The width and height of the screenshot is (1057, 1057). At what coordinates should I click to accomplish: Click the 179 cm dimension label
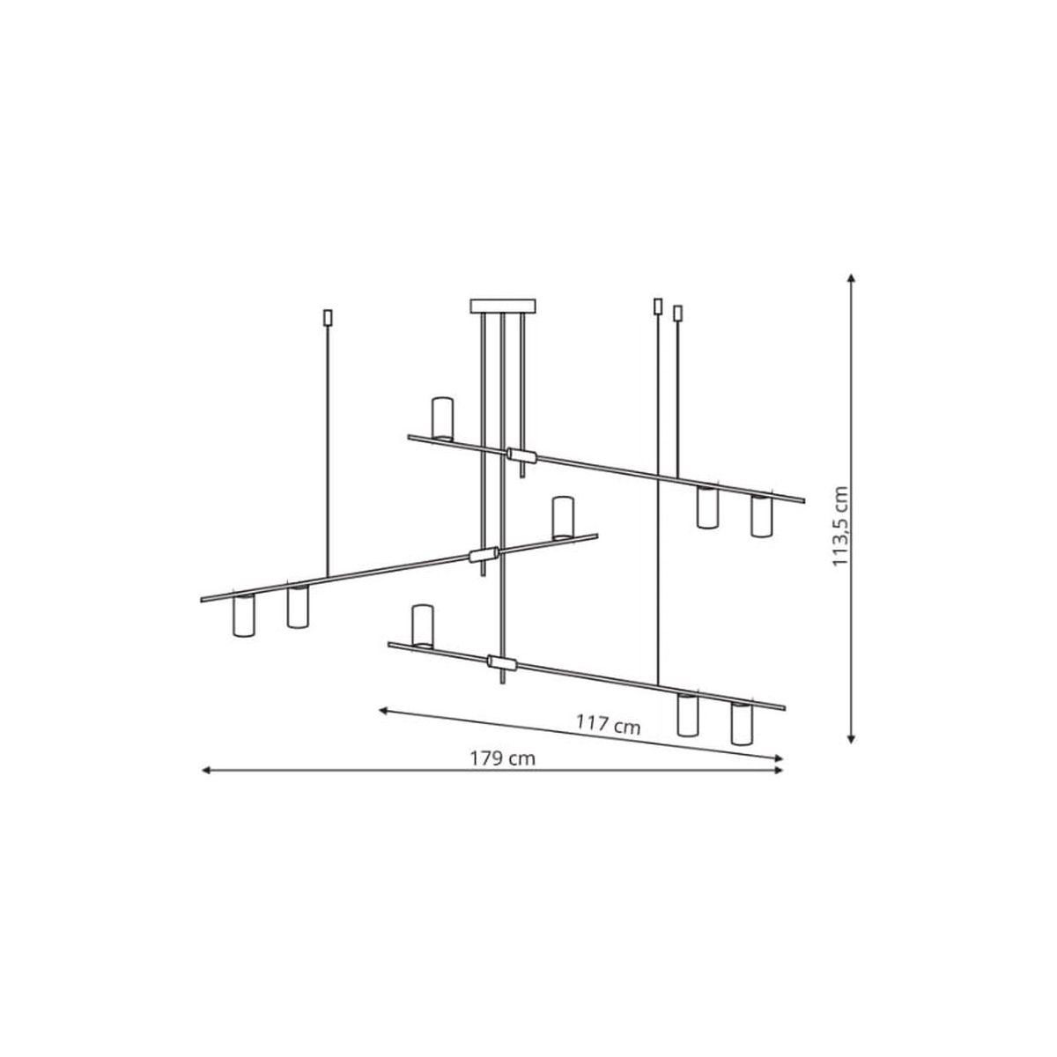[x=502, y=758]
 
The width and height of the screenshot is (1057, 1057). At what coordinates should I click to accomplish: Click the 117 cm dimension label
[x=608, y=725]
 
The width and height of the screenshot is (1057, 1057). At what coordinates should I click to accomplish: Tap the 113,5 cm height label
[x=839, y=527]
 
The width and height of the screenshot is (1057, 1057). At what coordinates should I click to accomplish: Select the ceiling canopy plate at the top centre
[x=502, y=306]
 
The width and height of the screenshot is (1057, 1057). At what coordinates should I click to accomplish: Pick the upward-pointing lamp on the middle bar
[x=563, y=518]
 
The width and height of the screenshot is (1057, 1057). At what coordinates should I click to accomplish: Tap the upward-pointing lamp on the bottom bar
[x=423, y=626]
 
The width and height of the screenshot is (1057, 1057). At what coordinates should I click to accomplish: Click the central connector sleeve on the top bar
[x=522, y=455]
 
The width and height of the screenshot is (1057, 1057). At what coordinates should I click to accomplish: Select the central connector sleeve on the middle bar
[x=484, y=555]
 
